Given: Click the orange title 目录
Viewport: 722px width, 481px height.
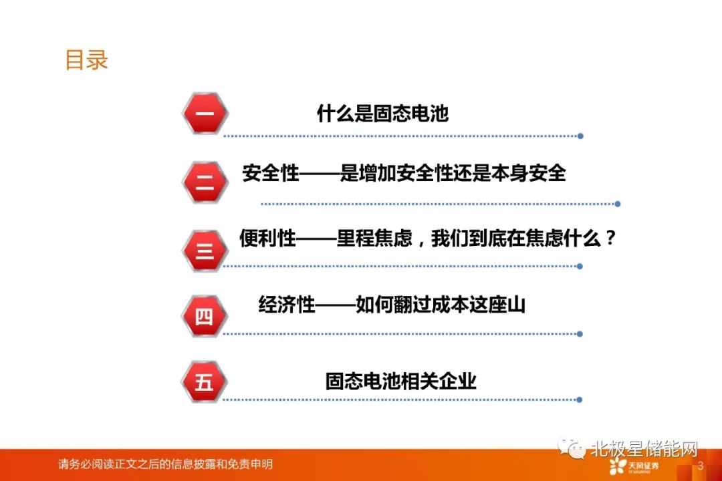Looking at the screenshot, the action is click(x=86, y=60).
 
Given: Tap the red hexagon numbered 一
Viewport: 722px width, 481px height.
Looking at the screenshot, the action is click(x=205, y=113).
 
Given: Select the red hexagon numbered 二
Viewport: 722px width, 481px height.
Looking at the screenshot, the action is click(x=205, y=182).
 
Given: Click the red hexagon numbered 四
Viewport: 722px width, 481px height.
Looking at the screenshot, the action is click(x=205, y=316).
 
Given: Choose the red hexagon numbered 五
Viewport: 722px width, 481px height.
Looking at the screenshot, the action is click(x=205, y=381).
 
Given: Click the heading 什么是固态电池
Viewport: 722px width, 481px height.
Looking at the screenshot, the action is click(x=382, y=113).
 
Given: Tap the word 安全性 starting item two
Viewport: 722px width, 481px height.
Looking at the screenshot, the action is click(x=271, y=173).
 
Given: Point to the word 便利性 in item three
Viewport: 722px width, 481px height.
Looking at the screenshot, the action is click(x=267, y=238).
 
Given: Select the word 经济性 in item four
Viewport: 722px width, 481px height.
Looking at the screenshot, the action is click(x=287, y=304).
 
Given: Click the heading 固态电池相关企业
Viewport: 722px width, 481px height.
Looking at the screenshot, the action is click(x=400, y=381).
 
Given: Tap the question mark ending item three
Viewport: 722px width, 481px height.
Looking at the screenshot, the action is click(x=611, y=238).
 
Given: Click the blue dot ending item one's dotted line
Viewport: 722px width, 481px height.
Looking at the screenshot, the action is click(x=581, y=136).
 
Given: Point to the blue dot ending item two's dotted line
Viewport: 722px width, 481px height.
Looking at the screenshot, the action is click(x=618, y=204).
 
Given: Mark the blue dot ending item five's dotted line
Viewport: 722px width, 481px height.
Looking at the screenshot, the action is click(x=580, y=400).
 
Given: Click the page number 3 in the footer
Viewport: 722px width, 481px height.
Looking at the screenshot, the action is click(x=701, y=466).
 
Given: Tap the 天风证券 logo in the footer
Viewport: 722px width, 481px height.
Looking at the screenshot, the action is click(x=634, y=466).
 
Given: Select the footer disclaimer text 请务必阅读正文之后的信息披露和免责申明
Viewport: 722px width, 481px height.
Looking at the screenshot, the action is click(x=165, y=464).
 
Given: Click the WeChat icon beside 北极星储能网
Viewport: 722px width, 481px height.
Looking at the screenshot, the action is click(x=572, y=447).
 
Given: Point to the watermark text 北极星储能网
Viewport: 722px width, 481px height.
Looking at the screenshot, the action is click(x=644, y=448).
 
